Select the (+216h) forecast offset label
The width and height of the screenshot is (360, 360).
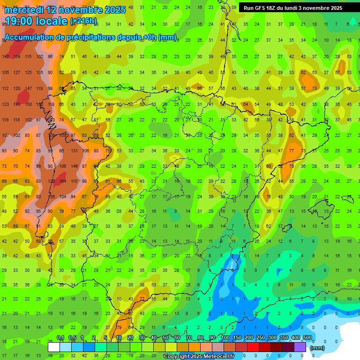(83, 21)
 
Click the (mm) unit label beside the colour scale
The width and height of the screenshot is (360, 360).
(317, 348)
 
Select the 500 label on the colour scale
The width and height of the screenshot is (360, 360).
(307, 338)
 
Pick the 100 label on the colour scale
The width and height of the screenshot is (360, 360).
(225, 338)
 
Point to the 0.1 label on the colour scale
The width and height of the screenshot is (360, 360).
(60, 338)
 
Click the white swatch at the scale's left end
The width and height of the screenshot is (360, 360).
(54, 347)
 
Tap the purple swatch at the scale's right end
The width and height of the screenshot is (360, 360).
(300, 347)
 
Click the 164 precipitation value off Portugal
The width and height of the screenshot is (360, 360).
(62, 181)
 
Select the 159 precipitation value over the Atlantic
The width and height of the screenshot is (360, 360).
(17, 57)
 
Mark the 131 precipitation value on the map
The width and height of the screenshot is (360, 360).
(74, 151)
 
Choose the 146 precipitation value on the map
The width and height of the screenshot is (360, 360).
(74, 166)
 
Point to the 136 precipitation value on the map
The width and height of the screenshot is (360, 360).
(51, 196)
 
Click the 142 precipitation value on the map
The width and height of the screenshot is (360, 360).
(5, 57)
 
